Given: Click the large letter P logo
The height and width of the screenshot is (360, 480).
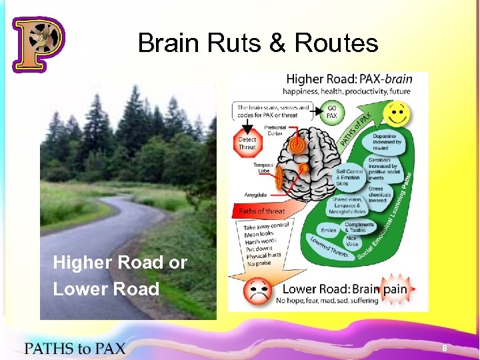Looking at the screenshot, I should [x=38, y=44].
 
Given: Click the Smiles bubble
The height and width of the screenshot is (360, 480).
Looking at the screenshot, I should [x=328, y=230].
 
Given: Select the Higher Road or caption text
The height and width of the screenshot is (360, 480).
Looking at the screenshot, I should [x=120, y=263].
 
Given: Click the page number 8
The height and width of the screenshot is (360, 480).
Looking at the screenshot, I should [x=444, y=349].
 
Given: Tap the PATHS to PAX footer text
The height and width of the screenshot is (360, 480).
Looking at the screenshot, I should [x=75, y=347].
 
